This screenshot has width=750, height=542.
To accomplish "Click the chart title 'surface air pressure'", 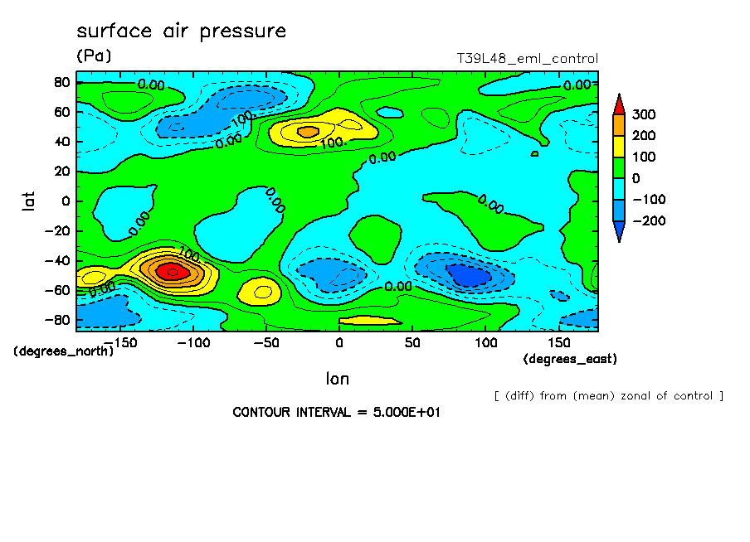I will pyautogui.click(x=181, y=31).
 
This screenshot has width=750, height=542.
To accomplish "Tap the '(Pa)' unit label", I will pyautogui.click(x=93, y=56).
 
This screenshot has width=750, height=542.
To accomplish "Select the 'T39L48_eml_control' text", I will pyautogui.click(x=527, y=59).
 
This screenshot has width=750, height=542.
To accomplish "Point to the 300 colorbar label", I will pyautogui.click(x=645, y=114).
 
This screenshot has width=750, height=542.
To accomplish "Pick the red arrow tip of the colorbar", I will pyautogui.click(x=619, y=103).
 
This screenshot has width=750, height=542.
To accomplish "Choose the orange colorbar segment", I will pyautogui.click(x=619, y=124).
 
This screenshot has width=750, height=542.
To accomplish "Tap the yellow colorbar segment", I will pyautogui.click(x=619, y=146).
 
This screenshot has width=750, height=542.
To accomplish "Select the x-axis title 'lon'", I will pyautogui.click(x=337, y=379).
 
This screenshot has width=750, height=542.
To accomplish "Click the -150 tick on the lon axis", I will pyautogui.click(x=120, y=341).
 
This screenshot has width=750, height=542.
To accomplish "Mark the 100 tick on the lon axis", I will pyautogui.click(x=486, y=341).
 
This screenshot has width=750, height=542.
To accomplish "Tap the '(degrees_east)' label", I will pyautogui.click(x=570, y=359).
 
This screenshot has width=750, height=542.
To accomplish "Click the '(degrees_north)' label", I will pyautogui.click(x=63, y=351).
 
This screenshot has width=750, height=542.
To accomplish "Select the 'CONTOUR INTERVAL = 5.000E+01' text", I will pyautogui.click(x=335, y=412).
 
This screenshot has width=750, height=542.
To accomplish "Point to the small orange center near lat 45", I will pyautogui.click(x=308, y=131).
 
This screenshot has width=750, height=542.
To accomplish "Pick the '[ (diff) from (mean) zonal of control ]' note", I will pyautogui.click(x=608, y=395).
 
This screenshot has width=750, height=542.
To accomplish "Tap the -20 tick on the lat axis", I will pyautogui.click(x=61, y=230).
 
